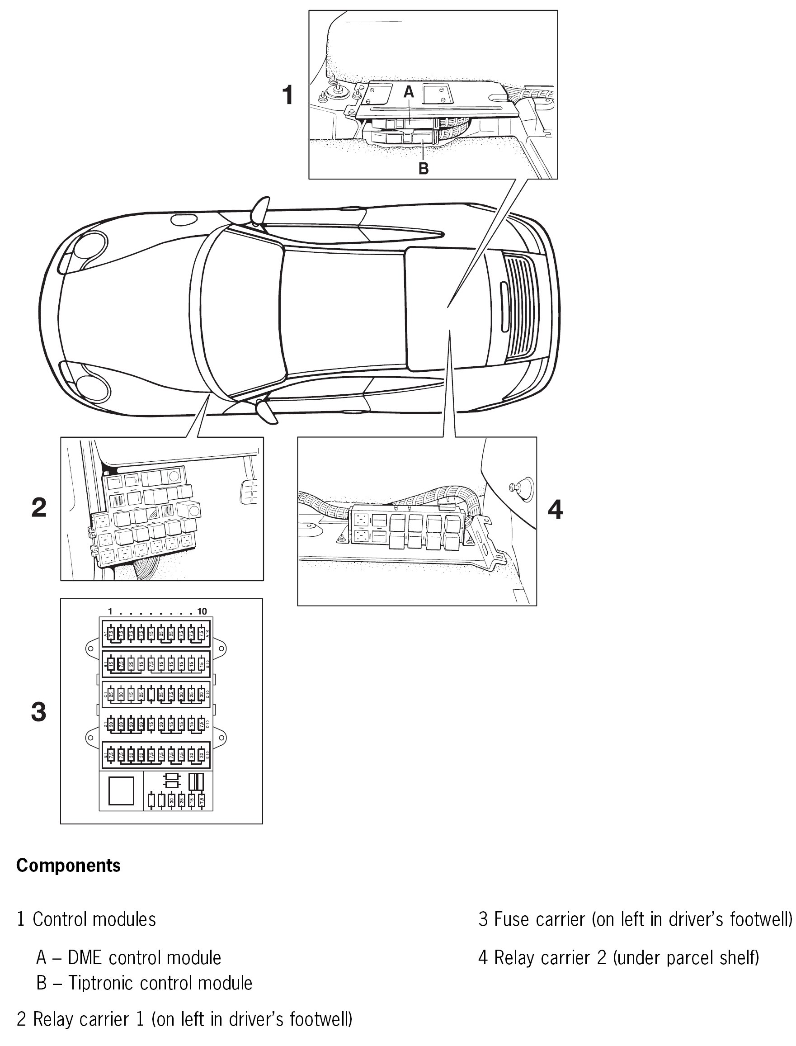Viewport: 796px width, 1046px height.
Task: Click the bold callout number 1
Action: pyautogui.click(x=287, y=95)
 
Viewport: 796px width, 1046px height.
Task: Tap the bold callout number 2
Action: pyautogui.click(x=39, y=507)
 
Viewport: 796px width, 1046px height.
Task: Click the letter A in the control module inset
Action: pyautogui.click(x=409, y=92)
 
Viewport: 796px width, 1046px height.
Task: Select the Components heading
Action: pyautogui.click(x=68, y=866)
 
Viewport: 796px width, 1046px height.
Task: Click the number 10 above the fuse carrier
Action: pyautogui.click(x=203, y=611)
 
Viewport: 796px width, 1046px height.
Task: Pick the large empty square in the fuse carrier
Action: pyautogui.click(x=121, y=790)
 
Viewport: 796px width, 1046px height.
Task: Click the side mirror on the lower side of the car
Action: pyautogui.click(x=264, y=411)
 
